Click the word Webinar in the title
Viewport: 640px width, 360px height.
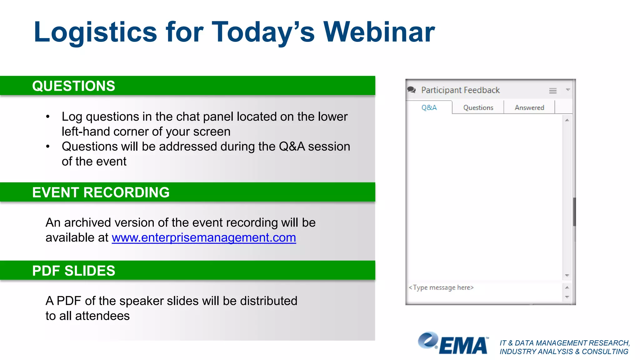coord(379,32)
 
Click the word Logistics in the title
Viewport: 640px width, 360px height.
coord(95,33)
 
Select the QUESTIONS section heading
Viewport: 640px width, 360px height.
coord(74,86)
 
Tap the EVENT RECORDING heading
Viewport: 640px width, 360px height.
coord(101,192)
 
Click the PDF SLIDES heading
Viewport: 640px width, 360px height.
coord(74,271)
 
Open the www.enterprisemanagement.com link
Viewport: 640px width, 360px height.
coord(204,238)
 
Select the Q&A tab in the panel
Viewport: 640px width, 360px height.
coord(429,107)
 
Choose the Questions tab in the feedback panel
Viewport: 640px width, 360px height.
coord(478,107)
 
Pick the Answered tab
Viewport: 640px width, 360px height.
coord(529,107)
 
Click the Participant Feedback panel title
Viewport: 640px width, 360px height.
coord(460,90)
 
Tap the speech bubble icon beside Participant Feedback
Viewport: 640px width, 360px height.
coord(412,90)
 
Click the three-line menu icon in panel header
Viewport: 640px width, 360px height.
coord(553,91)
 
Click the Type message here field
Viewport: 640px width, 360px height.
coord(441,287)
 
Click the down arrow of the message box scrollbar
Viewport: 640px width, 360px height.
coord(567,297)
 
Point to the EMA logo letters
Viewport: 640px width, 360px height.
coord(464,346)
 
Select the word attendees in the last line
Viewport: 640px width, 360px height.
coord(102,316)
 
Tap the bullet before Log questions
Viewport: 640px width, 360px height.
coord(48,117)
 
